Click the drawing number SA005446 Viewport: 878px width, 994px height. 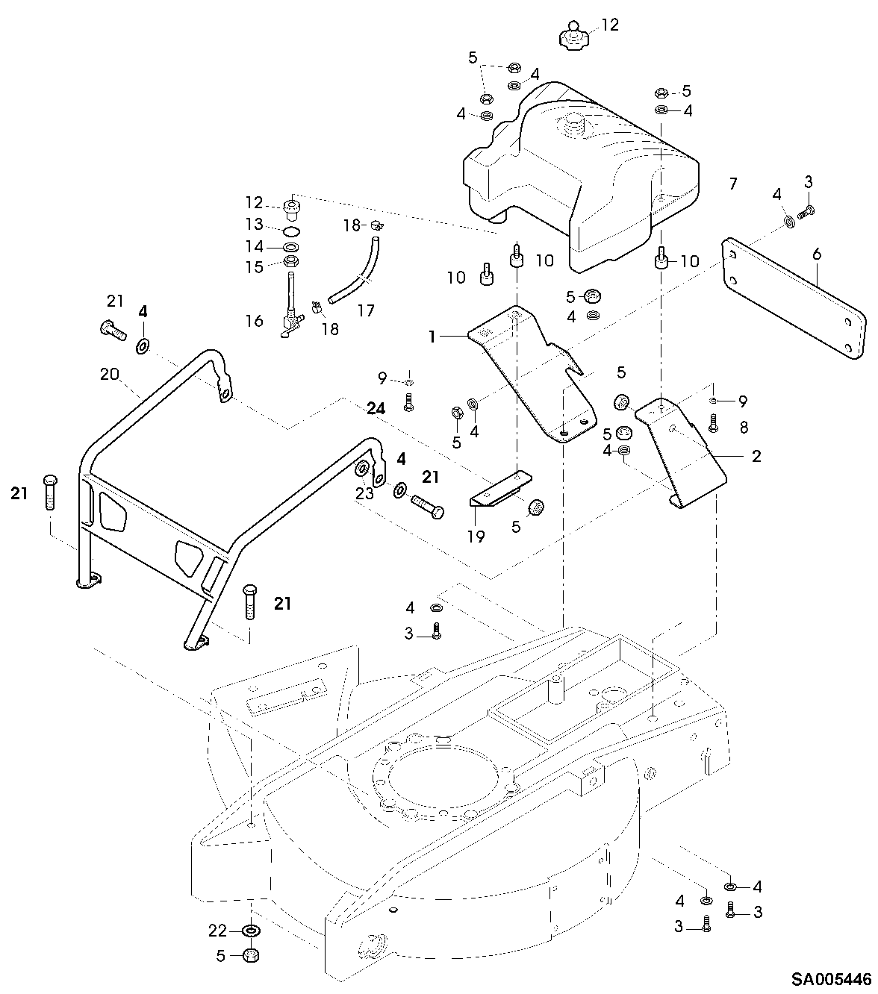tap(832, 980)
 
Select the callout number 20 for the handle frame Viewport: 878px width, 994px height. tap(110, 375)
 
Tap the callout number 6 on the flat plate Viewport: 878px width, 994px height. tap(816, 254)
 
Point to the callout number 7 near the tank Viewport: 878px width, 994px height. tap(733, 184)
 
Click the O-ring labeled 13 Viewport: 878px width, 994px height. tap(291, 231)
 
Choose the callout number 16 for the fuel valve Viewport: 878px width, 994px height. tap(255, 321)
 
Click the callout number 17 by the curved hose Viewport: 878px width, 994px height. tap(366, 310)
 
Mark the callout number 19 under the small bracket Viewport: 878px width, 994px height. tap(476, 537)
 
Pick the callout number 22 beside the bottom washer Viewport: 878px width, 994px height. tap(217, 931)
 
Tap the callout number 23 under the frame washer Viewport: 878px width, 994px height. tap(364, 493)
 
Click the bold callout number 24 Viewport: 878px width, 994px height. tap(376, 408)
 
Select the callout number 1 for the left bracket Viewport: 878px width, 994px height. tap(432, 337)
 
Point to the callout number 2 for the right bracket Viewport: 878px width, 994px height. tap(756, 456)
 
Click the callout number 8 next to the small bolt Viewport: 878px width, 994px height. tap(744, 428)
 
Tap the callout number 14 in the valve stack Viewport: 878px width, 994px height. tap(255, 246)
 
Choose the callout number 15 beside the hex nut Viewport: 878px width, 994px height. tap(255, 267)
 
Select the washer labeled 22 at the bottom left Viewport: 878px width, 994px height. tap(252, 931)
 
